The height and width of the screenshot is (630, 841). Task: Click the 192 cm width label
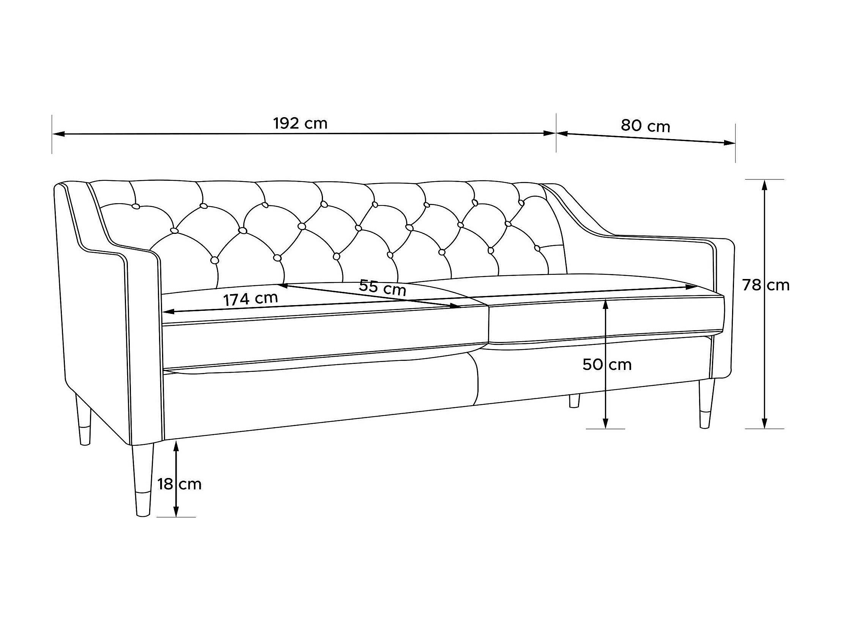pos(300,124)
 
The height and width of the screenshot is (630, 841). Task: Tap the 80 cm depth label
pos(646,126)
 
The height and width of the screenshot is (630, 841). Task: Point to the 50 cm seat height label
pos(607,365)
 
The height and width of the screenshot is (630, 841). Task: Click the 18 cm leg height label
pos(180,484)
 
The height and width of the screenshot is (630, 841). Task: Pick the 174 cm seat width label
pos(250,299)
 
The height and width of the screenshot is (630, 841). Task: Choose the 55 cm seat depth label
pos(383,287)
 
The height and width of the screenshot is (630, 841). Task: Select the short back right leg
pos(574,401)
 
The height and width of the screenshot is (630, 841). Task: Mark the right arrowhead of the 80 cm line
pos(729,143)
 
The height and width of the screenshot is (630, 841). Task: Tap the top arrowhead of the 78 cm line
pos(764,185)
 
